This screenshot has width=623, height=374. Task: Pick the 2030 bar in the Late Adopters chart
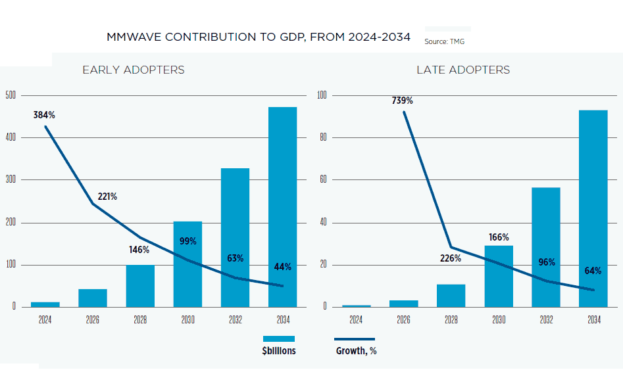pyautogui.click(x=498, y=276)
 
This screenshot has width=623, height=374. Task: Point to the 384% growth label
pyautogui.click(x=44, y=115)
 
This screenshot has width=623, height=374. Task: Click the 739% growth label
pyautogui.click(x=402, y=101)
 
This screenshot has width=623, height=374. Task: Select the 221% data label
pyautogui.click(x=107, y=197)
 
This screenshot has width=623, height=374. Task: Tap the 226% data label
pyautogui.click(x=451, y=258)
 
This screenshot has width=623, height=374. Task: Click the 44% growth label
pyautogui.click(x=283, y=267)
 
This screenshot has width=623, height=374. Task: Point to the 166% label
pyautogui.click(x=499, y=237)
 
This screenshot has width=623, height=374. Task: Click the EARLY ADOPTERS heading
pyautogui.click(x=133, y=70)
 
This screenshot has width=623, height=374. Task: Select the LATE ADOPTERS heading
pyautogui.click(x=463, y=70)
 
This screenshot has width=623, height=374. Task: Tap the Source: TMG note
pyautogui.click(x=445, y=41)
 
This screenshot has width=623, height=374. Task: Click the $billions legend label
pyautogui.click(x=278, y=351)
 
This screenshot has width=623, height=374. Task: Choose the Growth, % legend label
pyautogui.click(x=356, y=351)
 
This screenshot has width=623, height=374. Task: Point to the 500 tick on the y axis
pyautogui.click(x=11, y=95)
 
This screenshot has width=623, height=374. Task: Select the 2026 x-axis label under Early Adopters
pyautogui.click(x=92, y=320)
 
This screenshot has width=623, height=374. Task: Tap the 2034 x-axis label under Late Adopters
pyautogui.click(x=593, y=320)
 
